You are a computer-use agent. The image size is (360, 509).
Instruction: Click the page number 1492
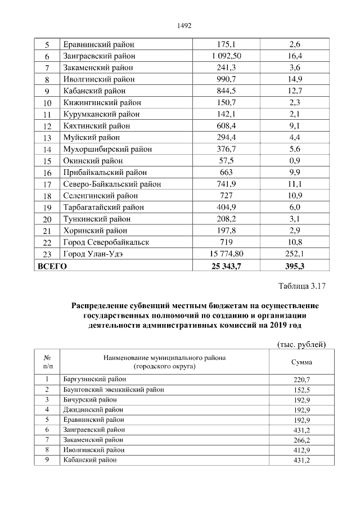tap(184, 26)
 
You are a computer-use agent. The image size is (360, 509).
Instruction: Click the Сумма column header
tap(302, 362)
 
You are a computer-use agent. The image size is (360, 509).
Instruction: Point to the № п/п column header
tap(48, 362)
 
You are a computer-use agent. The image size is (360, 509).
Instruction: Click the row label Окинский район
tap(92, 161)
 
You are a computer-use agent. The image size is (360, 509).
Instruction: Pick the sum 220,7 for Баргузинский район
tap(302, 380)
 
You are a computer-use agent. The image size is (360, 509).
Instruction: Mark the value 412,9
tap(302, 450)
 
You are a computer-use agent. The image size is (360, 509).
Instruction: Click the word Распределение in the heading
tap(103, 305)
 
